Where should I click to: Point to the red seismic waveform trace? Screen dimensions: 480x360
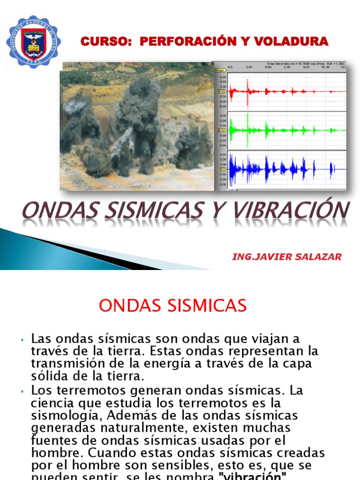pos(281,91)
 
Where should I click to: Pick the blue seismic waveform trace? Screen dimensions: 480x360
pos(281,168)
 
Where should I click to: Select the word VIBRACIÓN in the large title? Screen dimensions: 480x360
pos(292,210)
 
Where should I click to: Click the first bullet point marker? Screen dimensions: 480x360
pos(22,339)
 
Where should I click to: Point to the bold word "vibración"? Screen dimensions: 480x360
pos(253,475)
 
